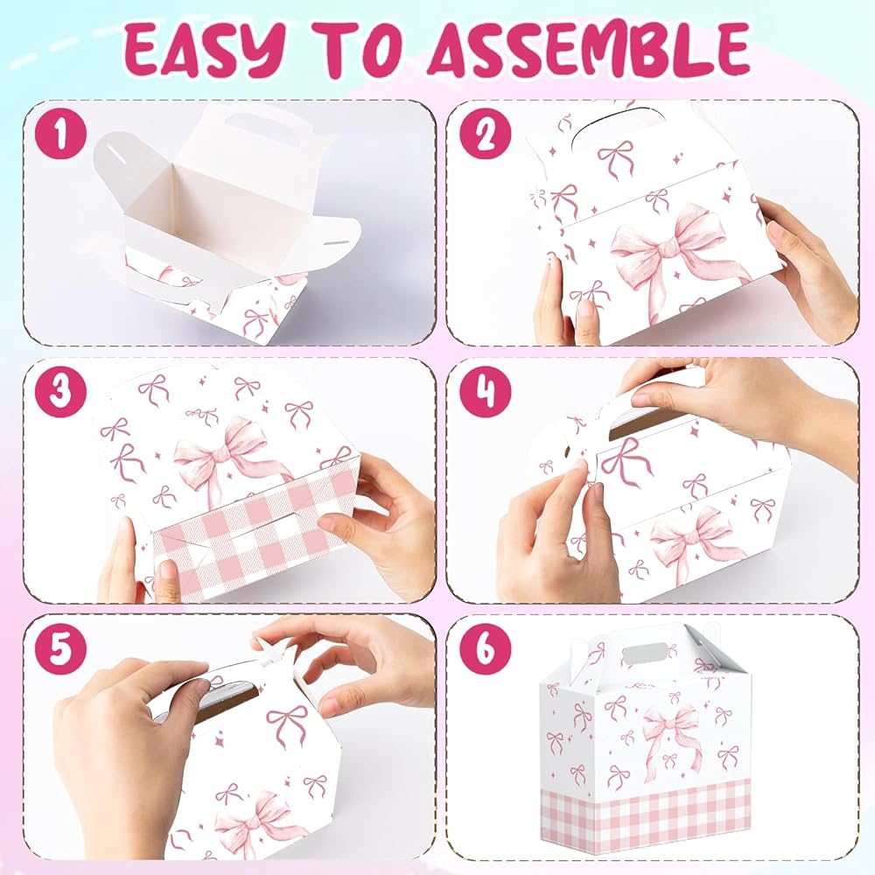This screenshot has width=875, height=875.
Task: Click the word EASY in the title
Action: tap(204, 52)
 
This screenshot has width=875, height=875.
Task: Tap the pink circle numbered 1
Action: tap(61, 135)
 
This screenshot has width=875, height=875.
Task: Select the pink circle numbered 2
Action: tap(486, 135)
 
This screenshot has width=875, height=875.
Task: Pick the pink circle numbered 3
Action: tap(61, 392)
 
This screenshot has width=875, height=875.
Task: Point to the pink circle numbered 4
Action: tap(486, 392)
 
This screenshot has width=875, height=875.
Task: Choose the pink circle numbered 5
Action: tap(61, 649)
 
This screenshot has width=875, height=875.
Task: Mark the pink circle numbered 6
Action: tap(486, 649)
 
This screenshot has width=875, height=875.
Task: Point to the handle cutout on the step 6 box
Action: tap(645, 654)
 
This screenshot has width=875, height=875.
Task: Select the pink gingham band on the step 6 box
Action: tap(645, 821)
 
